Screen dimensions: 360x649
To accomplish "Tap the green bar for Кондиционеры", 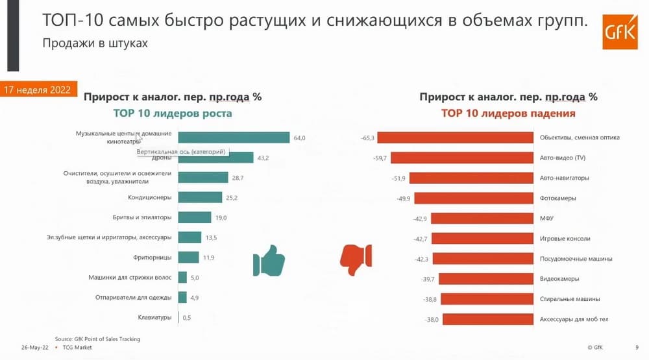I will (201, 197).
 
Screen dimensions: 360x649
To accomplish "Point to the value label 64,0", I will (299, 138).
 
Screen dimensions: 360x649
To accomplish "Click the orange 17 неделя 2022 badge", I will (40, 90).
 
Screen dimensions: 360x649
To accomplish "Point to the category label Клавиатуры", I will (154, 317).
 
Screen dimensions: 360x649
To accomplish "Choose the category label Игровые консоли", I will (565, 238).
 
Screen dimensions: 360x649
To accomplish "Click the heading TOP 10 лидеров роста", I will (173, 114).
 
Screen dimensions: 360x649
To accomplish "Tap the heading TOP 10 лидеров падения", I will (508, 114).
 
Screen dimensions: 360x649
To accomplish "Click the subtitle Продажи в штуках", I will (95, 44).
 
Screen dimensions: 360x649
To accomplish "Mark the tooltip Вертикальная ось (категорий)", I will (181, 152).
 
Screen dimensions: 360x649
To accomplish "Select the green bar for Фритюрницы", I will (188, 258).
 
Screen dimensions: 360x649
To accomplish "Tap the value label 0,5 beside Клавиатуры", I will (187, 318).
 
